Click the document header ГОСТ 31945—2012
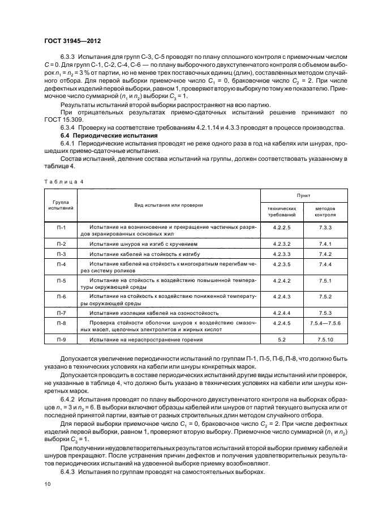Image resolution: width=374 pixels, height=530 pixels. click(x=72, y=42)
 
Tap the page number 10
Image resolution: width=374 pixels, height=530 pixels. click(x=48, y=484)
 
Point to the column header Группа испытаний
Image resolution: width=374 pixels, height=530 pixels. click(x=61, y=205)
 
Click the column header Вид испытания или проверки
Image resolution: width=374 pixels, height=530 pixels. click(x=168, y=205)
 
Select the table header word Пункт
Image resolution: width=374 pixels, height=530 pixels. click(x=304, y=195)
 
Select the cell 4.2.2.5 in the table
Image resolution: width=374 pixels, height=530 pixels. click(x=281, y=228)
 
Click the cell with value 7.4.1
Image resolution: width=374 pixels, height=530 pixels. click(x=325, y=243)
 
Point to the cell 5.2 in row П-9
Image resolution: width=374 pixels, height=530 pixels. click(x=281, y=340)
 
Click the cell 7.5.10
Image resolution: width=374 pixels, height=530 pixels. click(x=325, y=340)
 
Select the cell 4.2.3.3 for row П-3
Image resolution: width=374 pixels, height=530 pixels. click(x=281, y=254)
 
